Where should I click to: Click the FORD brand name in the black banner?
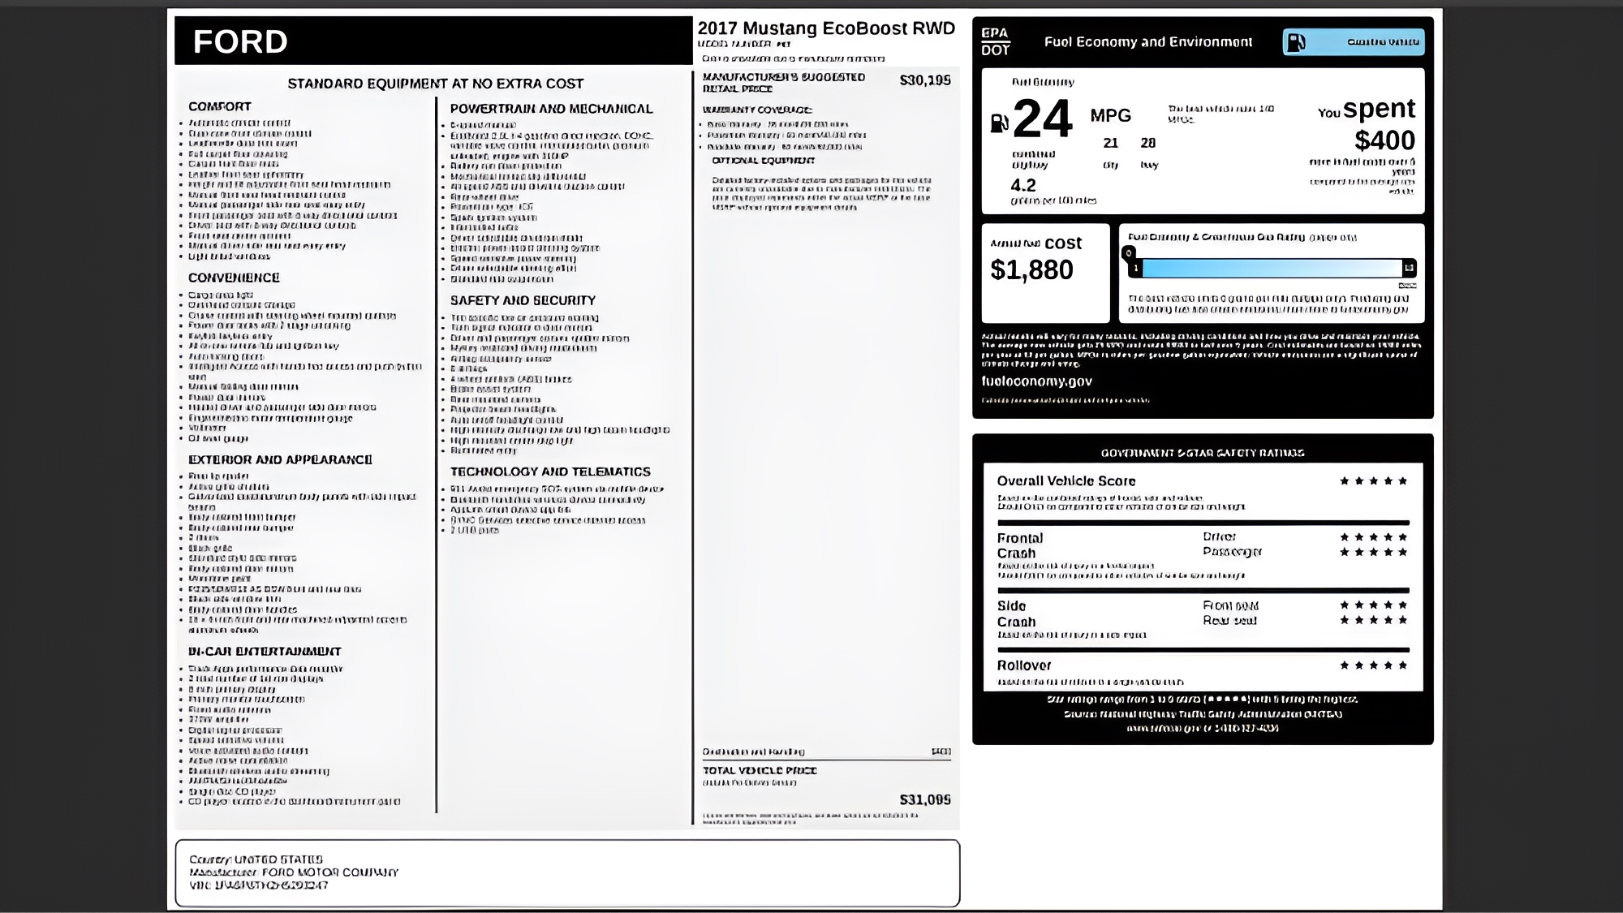(x=240, y=41)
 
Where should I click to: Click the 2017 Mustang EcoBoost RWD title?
(x=826, y=28)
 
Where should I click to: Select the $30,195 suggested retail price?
(x=924, y=80)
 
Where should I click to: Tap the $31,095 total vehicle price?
(x=924, y=799)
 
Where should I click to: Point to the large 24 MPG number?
(x=1043, y=118)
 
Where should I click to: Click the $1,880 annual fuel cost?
(x=1031, y=269)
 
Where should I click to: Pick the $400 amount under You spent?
(x=1384, y=140)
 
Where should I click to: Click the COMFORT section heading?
(x=220, y=106)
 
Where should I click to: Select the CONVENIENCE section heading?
(x=234, y=278)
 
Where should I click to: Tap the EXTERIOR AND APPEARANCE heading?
(x=280, y=459)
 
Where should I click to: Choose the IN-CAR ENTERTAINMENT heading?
(x=265, y=651)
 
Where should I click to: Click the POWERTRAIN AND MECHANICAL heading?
(x=551, y=109)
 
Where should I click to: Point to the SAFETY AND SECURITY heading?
(x=523, y=300)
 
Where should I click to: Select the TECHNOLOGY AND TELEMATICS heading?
(x=550, y=472)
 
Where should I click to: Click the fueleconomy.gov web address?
(x=1036, y=381)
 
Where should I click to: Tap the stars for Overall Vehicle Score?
(x=1373, y=481)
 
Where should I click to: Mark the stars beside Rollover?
(x=1373, y=665)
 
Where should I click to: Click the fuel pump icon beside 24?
(x=999, y=123)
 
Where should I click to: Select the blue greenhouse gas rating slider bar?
(x=1270, y=268)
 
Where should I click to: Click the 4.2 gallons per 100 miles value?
(x=1022, y=185)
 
